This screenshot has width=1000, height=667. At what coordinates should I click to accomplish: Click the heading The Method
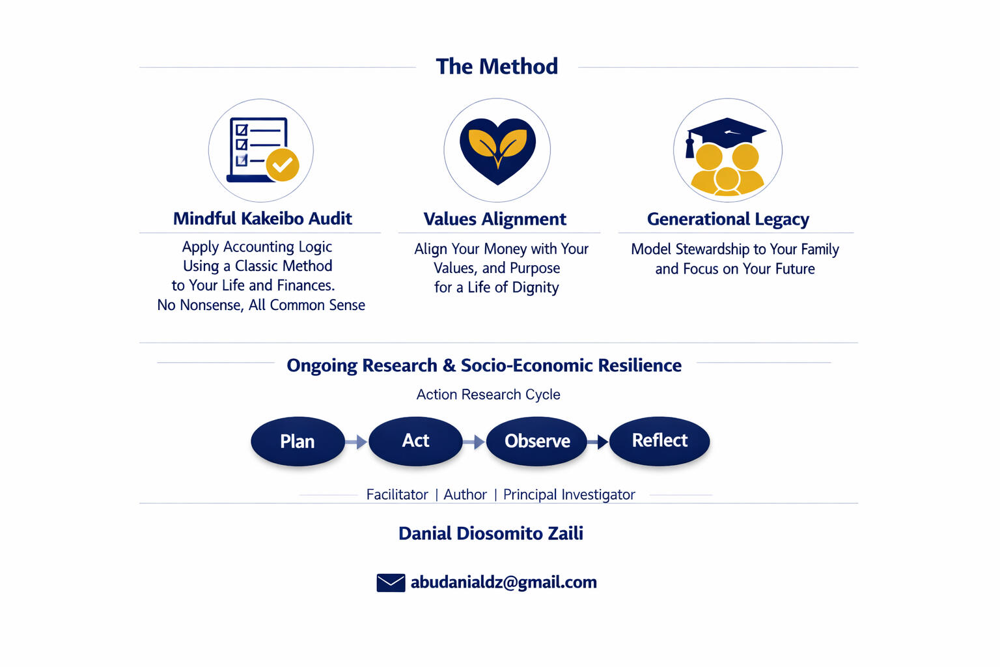coord(497,66)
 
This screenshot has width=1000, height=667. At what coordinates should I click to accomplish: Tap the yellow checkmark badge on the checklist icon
coord(283,165)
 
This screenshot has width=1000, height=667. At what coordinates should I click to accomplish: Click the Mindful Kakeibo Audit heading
coord(262,219)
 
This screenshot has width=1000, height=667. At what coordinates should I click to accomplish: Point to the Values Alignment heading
coord(495,220)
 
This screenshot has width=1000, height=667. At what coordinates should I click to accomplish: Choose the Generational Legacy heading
coord(728,220)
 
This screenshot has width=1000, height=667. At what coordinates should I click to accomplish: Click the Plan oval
coord(298,442)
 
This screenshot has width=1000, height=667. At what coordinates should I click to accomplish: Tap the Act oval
coord(415,441)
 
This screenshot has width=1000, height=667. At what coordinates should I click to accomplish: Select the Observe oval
coord(537,442)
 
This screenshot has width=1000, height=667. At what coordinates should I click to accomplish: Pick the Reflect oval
coord(660,441)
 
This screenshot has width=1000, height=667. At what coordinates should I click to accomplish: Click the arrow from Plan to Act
coord(356,442)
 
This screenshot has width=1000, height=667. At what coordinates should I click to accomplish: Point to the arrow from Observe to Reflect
coord(598,442)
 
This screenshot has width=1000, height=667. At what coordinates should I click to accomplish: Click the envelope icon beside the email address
coord(391,582)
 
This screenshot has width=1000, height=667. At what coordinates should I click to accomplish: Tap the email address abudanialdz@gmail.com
coord(503,582)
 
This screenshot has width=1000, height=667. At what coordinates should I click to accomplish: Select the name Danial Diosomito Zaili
coord(491,533)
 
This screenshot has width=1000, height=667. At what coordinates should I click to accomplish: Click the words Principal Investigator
coord(569,495)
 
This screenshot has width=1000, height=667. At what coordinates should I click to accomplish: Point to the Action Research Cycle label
coord(488,395)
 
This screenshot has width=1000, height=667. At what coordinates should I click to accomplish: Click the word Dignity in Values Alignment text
coord(535,288)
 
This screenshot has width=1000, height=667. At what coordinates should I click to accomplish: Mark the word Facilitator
coord(397,495)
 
